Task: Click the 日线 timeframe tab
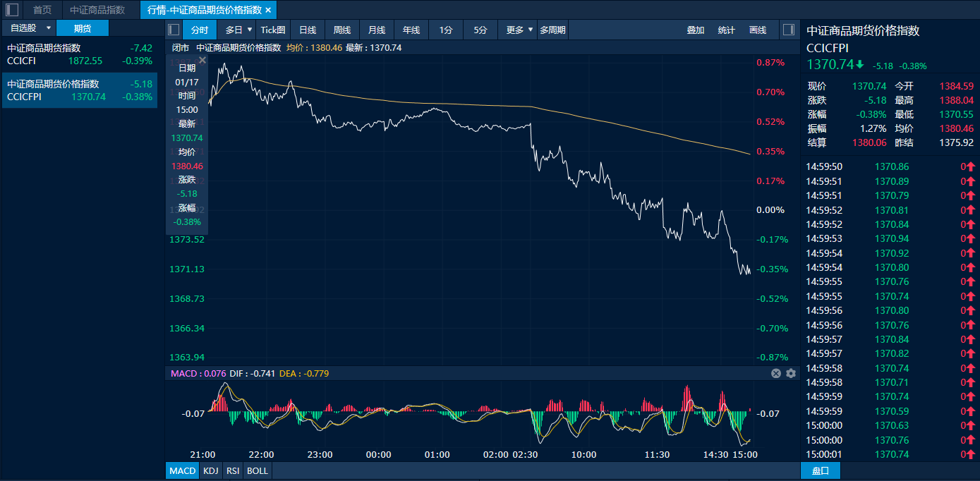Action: click(x=308, y=30)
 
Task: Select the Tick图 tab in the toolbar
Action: click(x=273, y=30)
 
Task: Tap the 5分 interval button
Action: click(x=480, y=30)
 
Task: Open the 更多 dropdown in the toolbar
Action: click(x=519, y=30)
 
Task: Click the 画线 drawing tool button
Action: click(x=758, y=30)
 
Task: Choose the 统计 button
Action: click(x=726, y=30)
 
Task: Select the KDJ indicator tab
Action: click(x=211, y=471)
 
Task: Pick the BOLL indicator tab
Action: click(x=258, y=471)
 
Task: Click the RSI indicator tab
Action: click(x=233, y=471)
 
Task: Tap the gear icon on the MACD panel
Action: click(x=791, y=373)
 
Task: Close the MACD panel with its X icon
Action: click(x=776, y=373)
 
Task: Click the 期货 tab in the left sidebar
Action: click(x=83, y=28)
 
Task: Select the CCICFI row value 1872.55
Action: click(x=85, y=61)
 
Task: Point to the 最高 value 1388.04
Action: click(x=957, y=100)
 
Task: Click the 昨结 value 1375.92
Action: click(x=957, y=142)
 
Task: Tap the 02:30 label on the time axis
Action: click(x=525, y=455)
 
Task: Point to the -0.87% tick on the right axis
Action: click(x=772, y=358)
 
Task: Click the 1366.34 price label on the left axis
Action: click(x=187, y=329)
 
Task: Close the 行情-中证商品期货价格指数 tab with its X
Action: click(x=268, y=10)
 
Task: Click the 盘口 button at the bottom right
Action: click(x=821, y=471)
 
